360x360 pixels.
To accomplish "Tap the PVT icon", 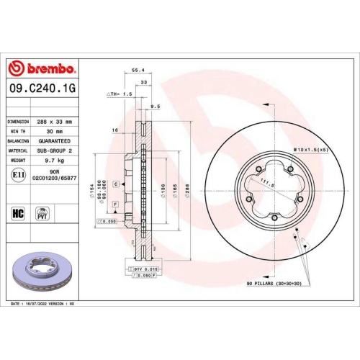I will coord(42,214).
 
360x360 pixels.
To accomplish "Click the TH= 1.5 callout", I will coord(118,94).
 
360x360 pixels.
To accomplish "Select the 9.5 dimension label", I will coord(155,107).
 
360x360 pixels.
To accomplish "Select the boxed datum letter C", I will coord(115,185).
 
